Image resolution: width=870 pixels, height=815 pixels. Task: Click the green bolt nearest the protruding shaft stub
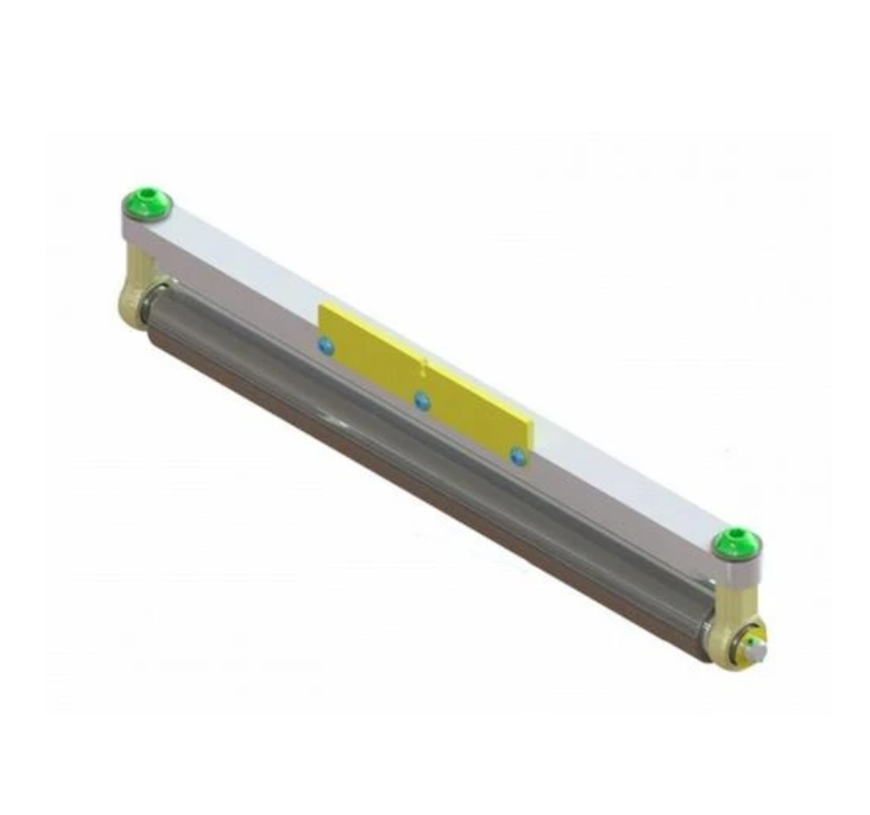(x=737, y=543)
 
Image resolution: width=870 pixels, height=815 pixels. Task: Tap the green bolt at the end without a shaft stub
(x=147, y=205)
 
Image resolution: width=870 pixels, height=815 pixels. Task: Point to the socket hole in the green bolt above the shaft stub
(x=737, y=537)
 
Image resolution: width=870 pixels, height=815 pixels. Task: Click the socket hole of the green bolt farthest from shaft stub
(x=147, y=199)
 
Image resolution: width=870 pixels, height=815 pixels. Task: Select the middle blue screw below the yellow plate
(x=423, y=401)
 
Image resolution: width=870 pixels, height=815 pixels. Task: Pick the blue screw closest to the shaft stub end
(x=517, y=455)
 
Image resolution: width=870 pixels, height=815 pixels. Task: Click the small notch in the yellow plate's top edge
(x=425, y=364)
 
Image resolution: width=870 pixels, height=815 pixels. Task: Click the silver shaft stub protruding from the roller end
(x=756, y=650)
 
